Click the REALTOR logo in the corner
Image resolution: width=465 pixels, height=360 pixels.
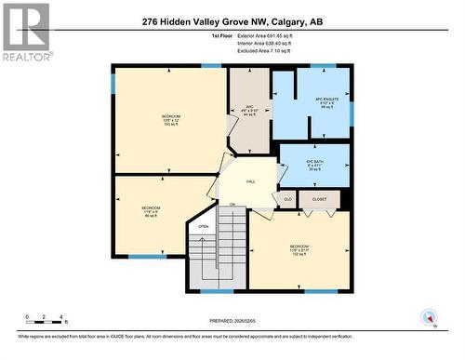[x=26, y=32]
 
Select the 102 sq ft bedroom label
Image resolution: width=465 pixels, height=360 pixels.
[x=299, y=251]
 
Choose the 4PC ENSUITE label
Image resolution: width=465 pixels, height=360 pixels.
[x=325, y=102]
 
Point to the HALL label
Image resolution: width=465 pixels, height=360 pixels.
[x=251, y=183]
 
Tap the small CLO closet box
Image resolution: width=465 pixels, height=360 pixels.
[x=288, y=199]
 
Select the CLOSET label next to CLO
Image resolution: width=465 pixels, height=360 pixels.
[x=320, y=199]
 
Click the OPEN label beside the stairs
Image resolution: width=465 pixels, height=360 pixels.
[x=203, y=226]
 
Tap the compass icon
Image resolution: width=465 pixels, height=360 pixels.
[x=430, y=318]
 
